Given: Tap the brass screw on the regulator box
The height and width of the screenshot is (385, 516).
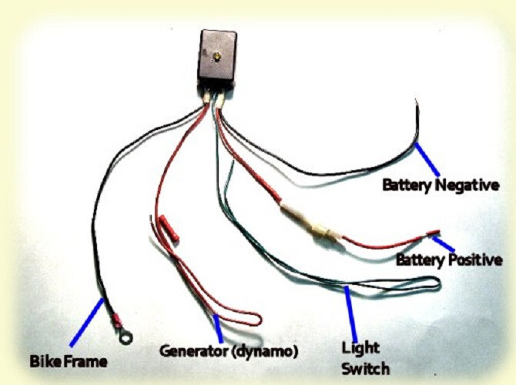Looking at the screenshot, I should click(x=218, y=57).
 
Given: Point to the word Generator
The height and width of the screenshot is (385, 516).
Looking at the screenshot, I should click(x=193, y=351).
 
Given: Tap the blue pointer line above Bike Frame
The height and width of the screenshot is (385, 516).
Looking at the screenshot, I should click(x=86, y=322).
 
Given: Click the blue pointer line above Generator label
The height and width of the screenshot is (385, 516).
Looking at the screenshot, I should click(x=218, y=329).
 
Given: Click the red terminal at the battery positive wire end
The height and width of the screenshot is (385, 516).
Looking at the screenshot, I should click(x=432, y=231).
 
